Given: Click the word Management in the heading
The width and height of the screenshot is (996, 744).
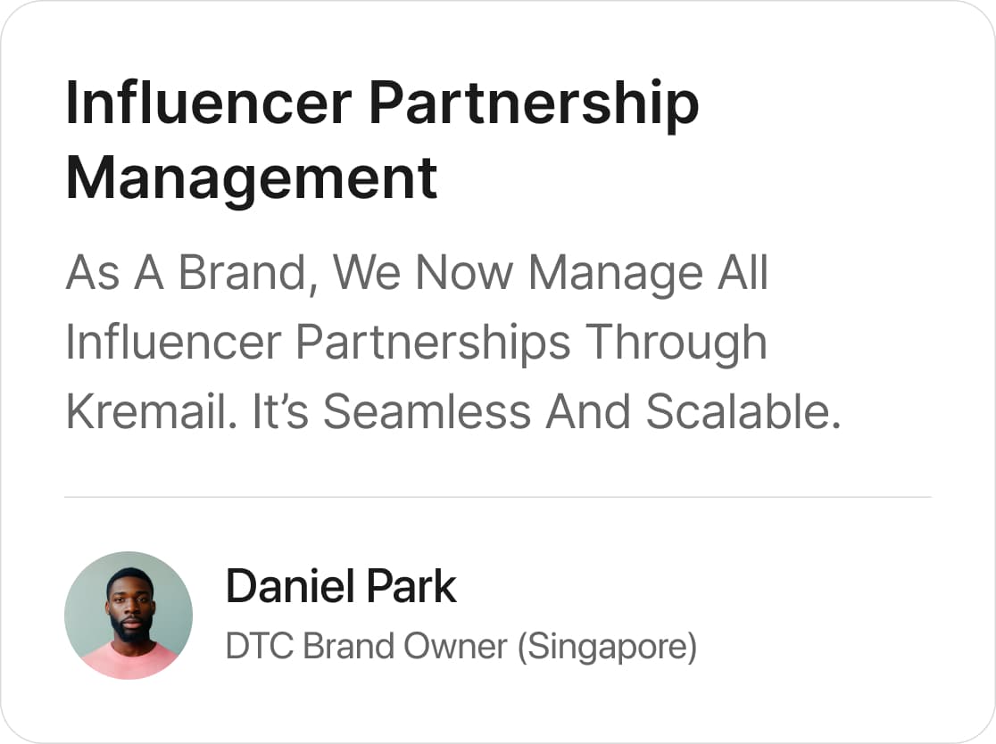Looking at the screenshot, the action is pyautogui.click(x=252, y=179).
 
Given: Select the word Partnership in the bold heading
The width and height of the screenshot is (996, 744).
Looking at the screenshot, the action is pyautogui.click(x=534, y=104).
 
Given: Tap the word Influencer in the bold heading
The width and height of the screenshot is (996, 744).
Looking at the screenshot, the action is pyautogui.click(x=209, y=103).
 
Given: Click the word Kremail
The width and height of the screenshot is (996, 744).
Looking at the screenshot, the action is pyautogui.click(x=151, y=411).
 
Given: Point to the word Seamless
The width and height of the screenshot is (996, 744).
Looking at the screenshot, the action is pyautogui.click(x=427, y=411).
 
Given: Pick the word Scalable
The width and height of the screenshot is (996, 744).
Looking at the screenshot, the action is pyautogui.click(x=743, y=411).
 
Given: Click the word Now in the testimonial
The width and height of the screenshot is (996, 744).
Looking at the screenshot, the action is pyautogui.click(x=464, y=274).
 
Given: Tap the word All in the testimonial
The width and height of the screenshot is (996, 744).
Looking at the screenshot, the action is pyautogui.click(x=743, y=272).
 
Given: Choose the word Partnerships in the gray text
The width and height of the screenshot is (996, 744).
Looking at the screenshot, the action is pyautogui.click(x=433, y=343).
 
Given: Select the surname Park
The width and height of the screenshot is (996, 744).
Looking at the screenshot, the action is pyautogui.click(x=411, y=586).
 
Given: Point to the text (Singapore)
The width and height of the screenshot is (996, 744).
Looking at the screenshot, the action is pyautogui.click(x=607, y=648).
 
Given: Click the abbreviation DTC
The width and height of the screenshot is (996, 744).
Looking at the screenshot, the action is pyautogui.click(x=259, y=646).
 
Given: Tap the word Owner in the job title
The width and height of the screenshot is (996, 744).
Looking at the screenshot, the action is pyautogui.click(x=455, y=646).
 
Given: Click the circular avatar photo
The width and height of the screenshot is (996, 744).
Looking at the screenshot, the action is pyautogui.click(x=129, y=616).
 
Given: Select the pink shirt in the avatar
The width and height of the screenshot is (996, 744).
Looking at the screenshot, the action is pyautogui.click(x=129, y=661).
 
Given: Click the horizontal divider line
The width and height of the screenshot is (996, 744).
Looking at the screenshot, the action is pyautogui.click(x=498, y=497).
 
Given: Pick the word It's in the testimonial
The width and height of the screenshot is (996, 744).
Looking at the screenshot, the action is pyautogui.click(x=280, y=411).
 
